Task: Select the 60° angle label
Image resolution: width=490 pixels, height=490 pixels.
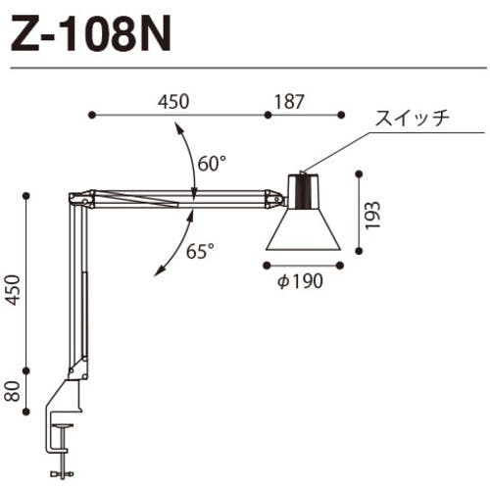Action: click(212, 164)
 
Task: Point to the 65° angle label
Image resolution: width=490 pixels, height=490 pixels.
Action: click(200, 251)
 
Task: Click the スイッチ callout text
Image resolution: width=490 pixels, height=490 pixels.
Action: click(411, 118)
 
